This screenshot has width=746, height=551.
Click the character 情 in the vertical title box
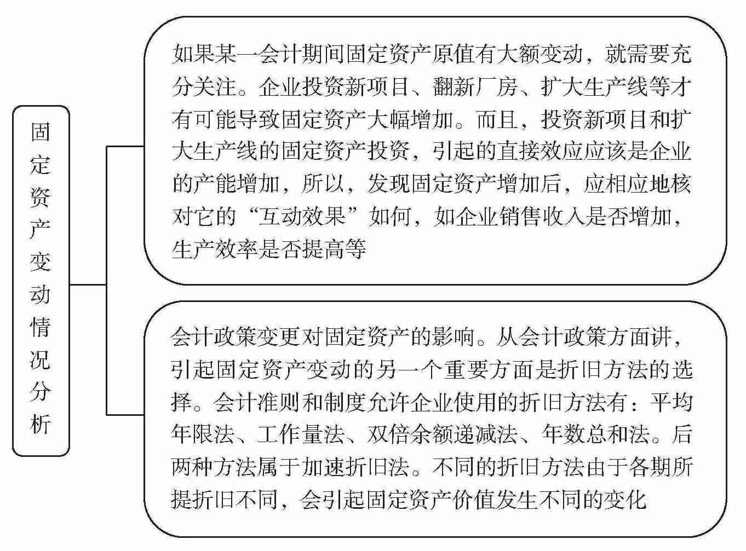coord(41,327)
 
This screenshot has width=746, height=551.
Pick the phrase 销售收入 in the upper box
coord(530,217)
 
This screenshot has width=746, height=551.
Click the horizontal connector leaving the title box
coord(88,285)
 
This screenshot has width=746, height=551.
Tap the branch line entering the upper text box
coord(125,147)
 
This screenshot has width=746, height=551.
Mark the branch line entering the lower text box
coord(125,414)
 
